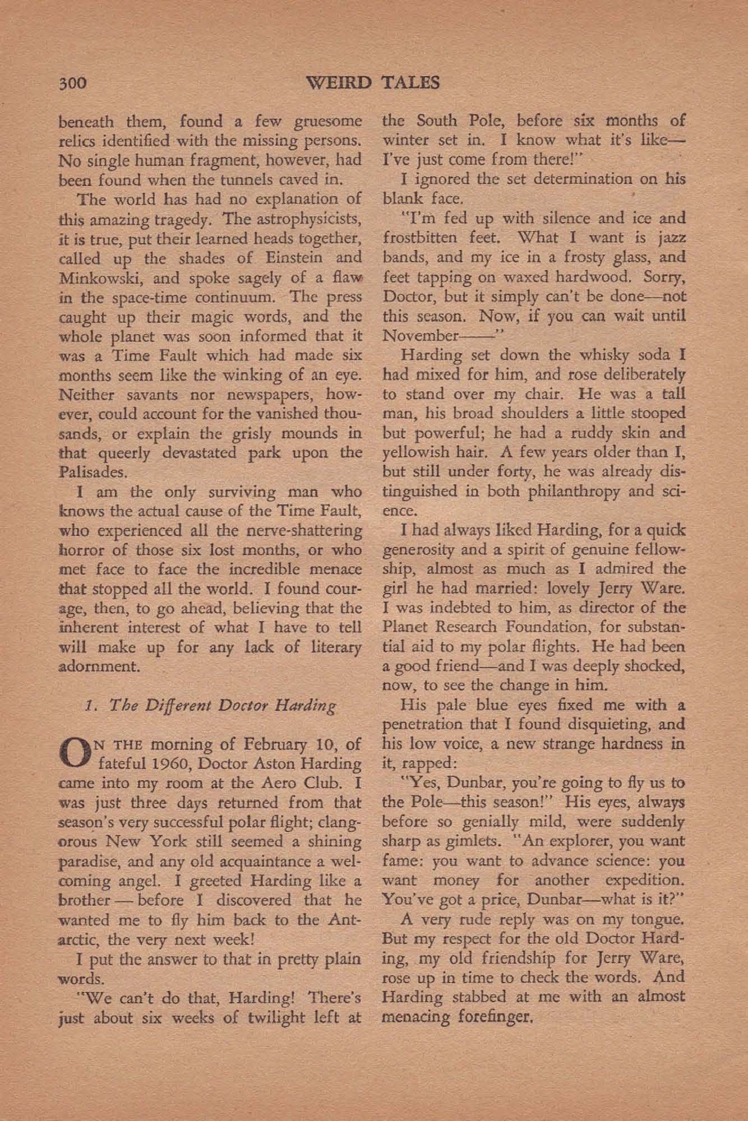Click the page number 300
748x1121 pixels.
72,83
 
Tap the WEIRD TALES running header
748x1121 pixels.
374,82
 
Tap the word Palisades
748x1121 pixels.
91,472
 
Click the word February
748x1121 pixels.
266,744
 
